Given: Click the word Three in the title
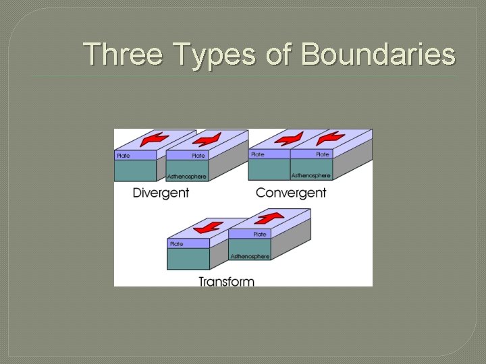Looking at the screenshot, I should click(x=122, y=54).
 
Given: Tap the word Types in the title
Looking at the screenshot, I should click(x=209, y=54).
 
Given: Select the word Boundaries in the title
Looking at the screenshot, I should click(x=378, y=54).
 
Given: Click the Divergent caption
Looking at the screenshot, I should click(x=161, y=193).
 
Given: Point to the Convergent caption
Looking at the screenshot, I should click(x=291, y=193).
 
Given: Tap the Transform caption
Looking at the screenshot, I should click(x=226, y=280).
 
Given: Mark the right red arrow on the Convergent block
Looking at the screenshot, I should click(x=331, y=139).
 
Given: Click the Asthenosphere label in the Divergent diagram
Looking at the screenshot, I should click(x=187, y=177).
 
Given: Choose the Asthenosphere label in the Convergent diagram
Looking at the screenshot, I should click(x=310, y=175).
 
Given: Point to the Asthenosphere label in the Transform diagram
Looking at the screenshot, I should click(x=250, y=256).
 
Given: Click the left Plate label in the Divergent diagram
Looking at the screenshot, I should click(x=124, y=156).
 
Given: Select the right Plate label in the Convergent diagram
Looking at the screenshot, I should click(x=323, y=154).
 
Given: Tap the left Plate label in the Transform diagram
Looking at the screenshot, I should click(x=177, y=243).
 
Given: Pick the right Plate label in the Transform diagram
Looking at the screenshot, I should click(x=260, y=235).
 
